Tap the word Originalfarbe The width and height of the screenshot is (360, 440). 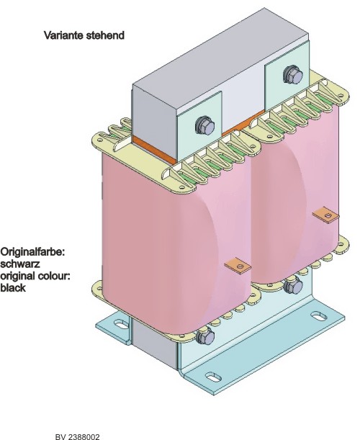pos(32,252)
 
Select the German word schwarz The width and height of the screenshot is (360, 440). pos(20,264)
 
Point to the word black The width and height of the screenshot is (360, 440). pos(13,288)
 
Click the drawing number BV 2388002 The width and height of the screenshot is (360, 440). pos(78,437)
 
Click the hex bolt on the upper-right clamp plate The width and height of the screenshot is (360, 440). pos(292,74)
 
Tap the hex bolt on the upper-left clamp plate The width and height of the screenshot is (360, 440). pos(204,125)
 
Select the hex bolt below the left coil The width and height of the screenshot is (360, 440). pos(205,336)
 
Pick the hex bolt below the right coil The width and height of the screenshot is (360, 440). pos(293,285)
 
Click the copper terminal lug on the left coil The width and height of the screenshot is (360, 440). pos(238,265)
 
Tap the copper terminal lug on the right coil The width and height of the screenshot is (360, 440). pos(325,215)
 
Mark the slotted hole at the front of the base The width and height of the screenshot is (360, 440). pos(213,377)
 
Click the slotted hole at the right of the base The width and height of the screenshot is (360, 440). pos(319,315)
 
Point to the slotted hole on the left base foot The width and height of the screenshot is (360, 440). pos(122,324)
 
